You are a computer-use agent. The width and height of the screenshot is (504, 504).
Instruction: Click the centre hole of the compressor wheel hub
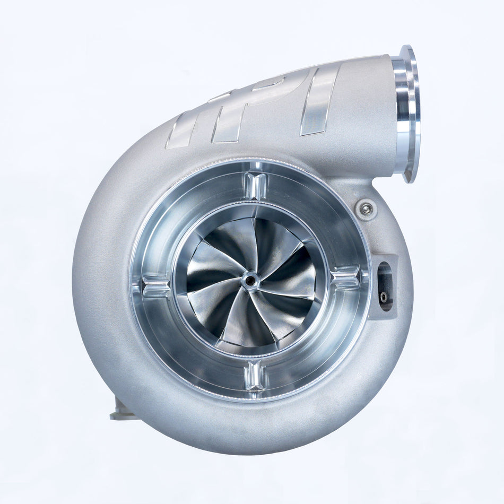(249, 280)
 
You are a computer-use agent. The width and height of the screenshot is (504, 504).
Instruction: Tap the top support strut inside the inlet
(256, 186)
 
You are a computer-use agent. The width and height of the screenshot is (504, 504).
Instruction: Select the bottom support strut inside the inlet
(255, 376)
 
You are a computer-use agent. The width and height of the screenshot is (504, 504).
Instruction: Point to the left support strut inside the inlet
(155, 286)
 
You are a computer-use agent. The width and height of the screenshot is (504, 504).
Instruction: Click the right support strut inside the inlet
(344, 277)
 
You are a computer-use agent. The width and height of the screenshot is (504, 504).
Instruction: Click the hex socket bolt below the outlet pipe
(366, 209)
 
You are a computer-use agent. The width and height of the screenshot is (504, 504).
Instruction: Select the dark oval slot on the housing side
(385, 286)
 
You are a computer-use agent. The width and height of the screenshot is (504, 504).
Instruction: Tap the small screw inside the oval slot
(384, 297)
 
